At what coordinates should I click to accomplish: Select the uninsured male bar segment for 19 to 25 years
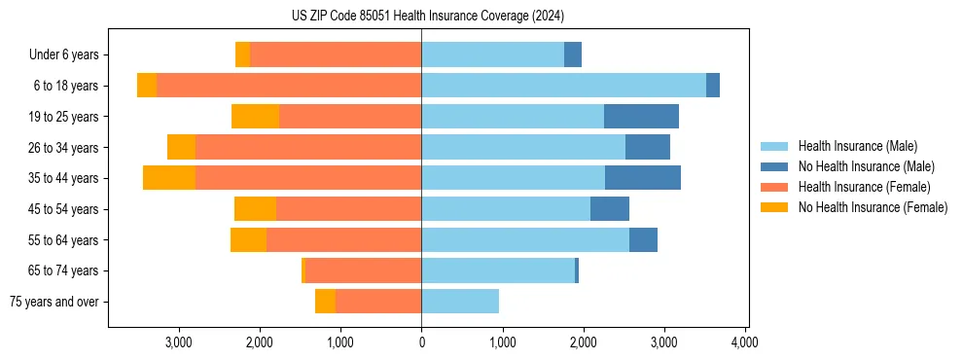click(641, 117)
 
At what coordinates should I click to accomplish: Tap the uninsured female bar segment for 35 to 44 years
click(169, 178)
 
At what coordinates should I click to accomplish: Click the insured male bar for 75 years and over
click(460, 302)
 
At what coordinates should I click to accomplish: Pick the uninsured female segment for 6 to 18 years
click(147, 86)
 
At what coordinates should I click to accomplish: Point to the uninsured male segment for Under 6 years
click(573, 54)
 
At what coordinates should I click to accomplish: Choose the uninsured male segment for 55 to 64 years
click(643, 240)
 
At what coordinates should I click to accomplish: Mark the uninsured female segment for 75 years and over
click(325, 302)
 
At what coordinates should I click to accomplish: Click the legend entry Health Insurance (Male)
click(857, 147)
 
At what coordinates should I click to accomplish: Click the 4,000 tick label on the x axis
click(745, 342)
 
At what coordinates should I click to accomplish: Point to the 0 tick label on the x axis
click(421, 342)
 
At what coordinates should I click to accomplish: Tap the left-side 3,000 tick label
click(179, 342)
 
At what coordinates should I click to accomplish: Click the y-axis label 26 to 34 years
click(70, 148)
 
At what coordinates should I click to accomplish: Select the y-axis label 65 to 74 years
click(70, 270)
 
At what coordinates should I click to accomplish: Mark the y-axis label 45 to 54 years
click(70, 209)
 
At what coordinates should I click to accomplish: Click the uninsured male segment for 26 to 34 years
click(648, 148)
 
